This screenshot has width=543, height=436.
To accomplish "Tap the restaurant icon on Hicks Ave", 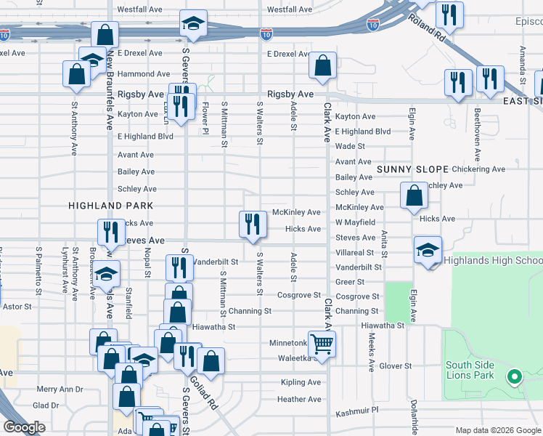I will pyautogui.click(x=251, y=223).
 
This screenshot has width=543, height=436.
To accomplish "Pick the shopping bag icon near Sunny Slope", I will pyautogui.click(x=413, y=195).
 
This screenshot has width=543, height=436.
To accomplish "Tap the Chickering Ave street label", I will pyautogui.click(x=478, y=169).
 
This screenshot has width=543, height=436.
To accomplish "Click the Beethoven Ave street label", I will pyautogui.click(x=477, y=135).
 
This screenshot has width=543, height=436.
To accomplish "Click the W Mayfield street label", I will pyautogui.click(x=355, y=222).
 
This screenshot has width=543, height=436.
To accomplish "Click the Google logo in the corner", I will pyautogui.click(x=24, y=427).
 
